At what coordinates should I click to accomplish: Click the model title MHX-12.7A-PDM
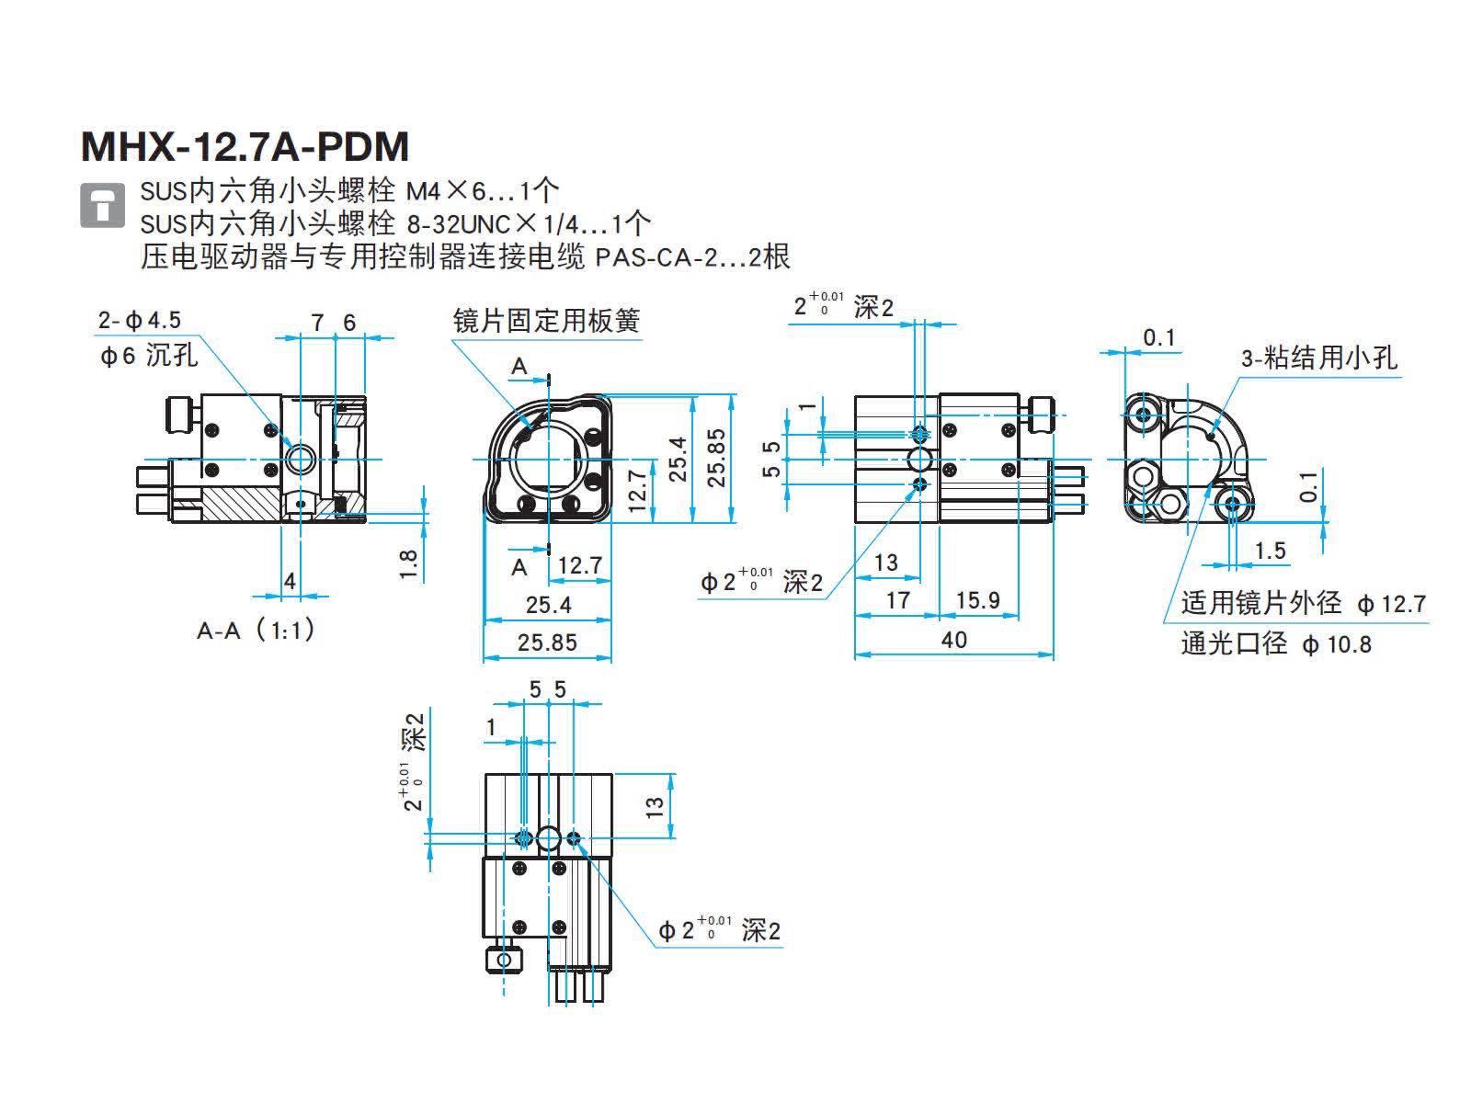click(x=245, y=147)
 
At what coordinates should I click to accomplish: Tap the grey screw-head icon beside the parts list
click(x=102, y=205)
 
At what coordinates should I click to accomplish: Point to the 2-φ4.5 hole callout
click(x=140, y=320)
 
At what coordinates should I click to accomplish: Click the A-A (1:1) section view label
click(x=257, y=631)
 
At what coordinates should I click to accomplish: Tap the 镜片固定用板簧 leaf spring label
click(x=546, y=321)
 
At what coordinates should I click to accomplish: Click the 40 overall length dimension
click(x=954, y=639)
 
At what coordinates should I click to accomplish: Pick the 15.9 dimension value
click(x=977, y=600)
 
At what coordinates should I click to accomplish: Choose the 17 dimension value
click(x=897, y=600)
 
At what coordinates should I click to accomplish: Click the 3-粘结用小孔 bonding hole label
click(x=1318, y=358)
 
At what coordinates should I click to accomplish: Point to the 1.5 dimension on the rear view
click(x=1270, y=551)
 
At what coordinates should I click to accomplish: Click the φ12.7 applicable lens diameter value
click(x=1391, y=605)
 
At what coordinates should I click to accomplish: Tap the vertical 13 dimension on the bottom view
click(x=655, y=806)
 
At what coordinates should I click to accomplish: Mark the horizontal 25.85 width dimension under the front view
click(x=547, y=642)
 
